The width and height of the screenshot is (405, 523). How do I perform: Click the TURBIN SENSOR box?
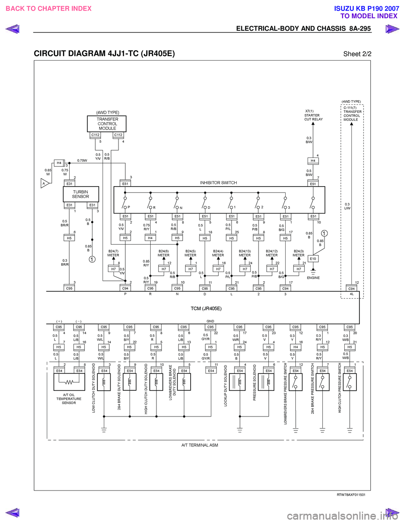pos(81,194)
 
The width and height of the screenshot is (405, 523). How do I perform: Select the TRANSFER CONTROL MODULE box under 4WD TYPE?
pos(107,124)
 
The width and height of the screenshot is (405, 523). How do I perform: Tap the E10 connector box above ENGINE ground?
pos(313,259)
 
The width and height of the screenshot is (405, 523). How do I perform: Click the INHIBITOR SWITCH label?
pos(218,183)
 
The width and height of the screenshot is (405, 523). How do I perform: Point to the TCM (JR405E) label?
pos(206,309)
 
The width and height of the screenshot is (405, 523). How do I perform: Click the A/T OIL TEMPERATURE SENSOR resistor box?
pos(69,382)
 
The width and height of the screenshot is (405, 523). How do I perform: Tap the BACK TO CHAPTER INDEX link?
pos(49,8)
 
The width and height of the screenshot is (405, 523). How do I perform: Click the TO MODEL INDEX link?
pos(369,16)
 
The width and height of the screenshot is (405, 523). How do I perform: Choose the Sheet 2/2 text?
pos(357,54)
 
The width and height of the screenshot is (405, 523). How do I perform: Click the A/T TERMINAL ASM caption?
pos(200,445)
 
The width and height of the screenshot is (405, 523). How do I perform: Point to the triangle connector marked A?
pos(44,183)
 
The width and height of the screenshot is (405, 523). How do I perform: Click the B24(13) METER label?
pos(245,253)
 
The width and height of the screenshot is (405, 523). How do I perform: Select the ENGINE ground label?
pos(313,278)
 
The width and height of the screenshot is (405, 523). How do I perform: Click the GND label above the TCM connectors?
pos(210,321)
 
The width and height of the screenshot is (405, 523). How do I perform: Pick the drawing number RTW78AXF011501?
pos(351,495)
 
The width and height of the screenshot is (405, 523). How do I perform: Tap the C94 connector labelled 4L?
pos(351,288)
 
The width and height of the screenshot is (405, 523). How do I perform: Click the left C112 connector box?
pos(96,135)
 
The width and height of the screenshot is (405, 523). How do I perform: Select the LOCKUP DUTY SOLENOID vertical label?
pos(226,385)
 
